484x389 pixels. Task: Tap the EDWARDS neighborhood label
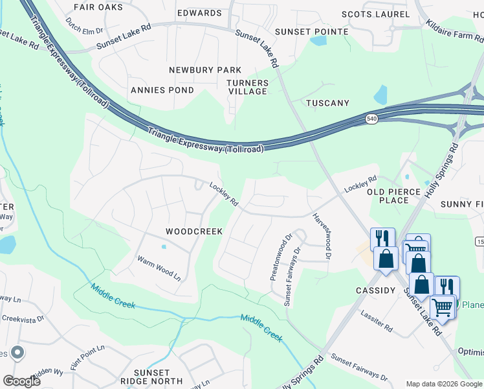[x=199, y=13]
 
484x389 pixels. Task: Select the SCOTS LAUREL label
[x=375, y=14]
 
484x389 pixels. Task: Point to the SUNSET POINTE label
[x=312, y=32]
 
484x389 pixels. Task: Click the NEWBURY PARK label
[x=205, y=70]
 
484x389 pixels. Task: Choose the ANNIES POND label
[x=162, y=90]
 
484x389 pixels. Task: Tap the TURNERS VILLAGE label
[x=247, y=88]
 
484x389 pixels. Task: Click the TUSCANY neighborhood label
[x=327, y=103]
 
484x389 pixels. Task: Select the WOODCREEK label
[x=194, y=231]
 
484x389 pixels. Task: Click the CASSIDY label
[x=375, y=291]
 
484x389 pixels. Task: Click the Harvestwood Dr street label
[x=322, y=237]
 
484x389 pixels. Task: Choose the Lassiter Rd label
[x=379, y=323]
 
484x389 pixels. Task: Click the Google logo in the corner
[x=21, y=381]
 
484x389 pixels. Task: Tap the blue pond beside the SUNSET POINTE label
[x=318, y=41]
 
